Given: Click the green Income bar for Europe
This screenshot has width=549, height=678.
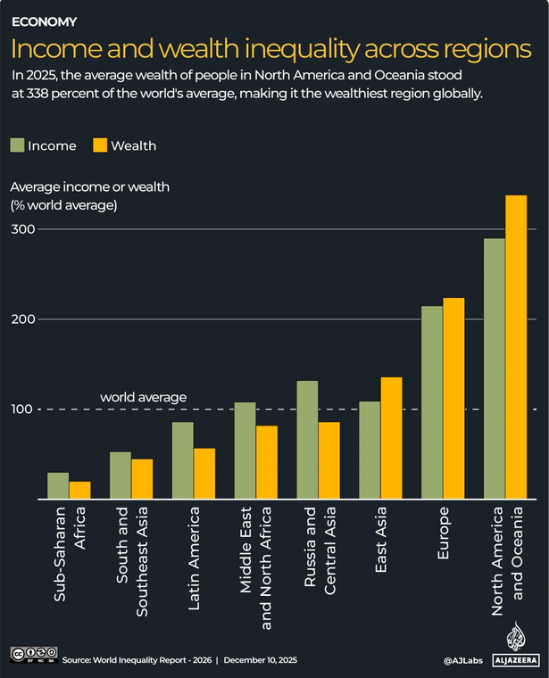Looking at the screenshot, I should pos(432,402).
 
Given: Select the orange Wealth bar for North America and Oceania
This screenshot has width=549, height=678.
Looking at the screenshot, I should pos(516,347).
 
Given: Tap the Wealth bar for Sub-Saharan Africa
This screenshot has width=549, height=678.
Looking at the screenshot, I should pos(80,490).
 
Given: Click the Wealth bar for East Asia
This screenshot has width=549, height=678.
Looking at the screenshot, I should pos(391,438).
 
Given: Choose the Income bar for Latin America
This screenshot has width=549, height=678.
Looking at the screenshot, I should pos(182,460).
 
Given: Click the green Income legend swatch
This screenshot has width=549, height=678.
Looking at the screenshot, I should pos(18,145).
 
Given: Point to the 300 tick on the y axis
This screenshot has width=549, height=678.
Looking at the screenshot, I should pos(22,229).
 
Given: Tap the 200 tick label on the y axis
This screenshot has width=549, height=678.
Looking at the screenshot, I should pos(22,319).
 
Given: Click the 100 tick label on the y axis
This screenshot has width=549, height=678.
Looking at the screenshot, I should pos(22,409).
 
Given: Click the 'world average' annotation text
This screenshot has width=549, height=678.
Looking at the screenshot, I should pos(143,397).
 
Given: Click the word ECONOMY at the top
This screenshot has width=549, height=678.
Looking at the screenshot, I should pos(44,21).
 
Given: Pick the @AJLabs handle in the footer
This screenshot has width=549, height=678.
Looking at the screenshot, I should pos(464,659).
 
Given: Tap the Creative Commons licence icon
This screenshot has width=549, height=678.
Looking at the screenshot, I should pos(34,656).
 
